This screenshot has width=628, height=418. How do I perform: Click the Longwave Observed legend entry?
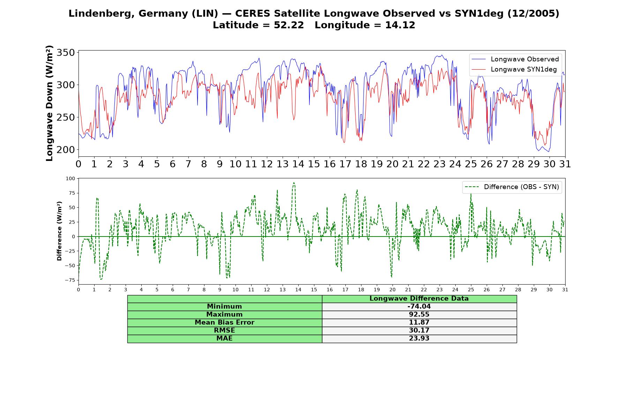tap(515, 59)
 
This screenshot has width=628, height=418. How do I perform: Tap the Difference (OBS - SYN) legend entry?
tap(512, 187)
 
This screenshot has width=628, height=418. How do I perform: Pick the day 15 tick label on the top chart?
tap(314, 164)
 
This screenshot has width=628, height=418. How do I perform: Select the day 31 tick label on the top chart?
tap(565, 164)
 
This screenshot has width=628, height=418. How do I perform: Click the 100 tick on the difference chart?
tap(70, 179)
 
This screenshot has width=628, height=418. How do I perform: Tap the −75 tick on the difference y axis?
tap(70, 280)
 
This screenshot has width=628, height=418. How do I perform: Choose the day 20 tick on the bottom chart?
tap(393, 290)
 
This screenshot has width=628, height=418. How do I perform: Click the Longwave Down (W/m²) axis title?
tap(49, 103)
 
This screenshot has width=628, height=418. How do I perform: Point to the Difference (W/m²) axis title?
tap(59, 231)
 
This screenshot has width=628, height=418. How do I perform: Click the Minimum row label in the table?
tap(224, 307)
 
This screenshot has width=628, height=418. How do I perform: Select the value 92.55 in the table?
tap(419, 315)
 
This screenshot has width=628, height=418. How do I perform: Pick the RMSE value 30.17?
tap(419, 331)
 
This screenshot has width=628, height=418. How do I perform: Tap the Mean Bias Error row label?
tap(224, 323)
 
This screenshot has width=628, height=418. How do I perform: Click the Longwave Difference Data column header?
tap(419, 299)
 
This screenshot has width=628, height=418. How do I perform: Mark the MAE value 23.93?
tap(419, 339)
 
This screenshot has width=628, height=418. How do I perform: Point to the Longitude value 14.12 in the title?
tap(400, 25)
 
